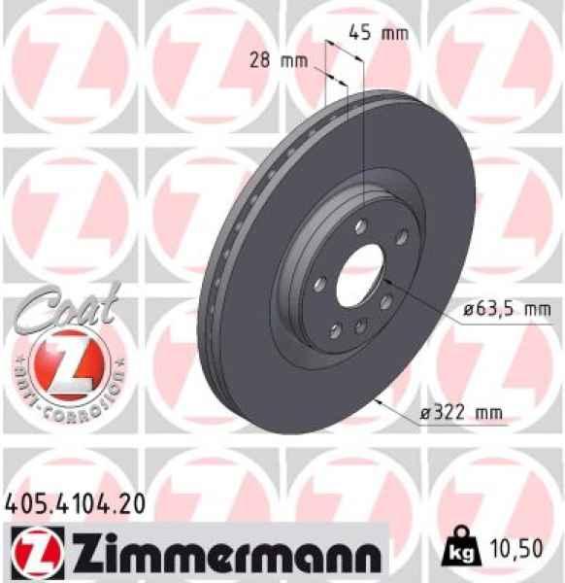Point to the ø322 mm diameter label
460,413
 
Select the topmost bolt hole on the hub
360,225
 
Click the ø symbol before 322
424,413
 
